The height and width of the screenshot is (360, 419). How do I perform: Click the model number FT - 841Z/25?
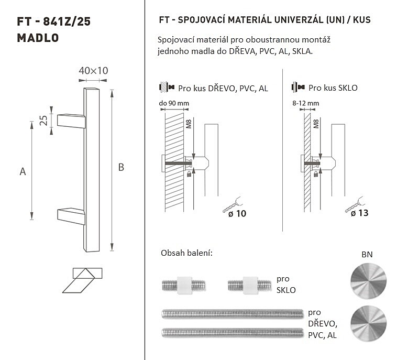[x=54, y=21]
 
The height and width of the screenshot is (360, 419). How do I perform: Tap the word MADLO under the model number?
[x=38, y=38]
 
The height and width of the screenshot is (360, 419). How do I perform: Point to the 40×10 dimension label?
[x=93, y=71]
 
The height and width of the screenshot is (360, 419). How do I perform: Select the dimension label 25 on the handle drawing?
[x=43, y=121]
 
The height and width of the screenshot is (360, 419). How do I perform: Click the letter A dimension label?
[x=23, y=171]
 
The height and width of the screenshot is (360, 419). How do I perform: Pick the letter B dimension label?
[x=121, y=167]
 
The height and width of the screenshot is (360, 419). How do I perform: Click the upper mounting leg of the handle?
[x=71, y=121]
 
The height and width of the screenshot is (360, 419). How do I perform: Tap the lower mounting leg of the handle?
[x=71, y=216]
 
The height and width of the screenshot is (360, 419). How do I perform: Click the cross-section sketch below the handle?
[x=82, y=280]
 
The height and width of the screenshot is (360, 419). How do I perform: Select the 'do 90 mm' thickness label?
[x=174, y=103]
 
